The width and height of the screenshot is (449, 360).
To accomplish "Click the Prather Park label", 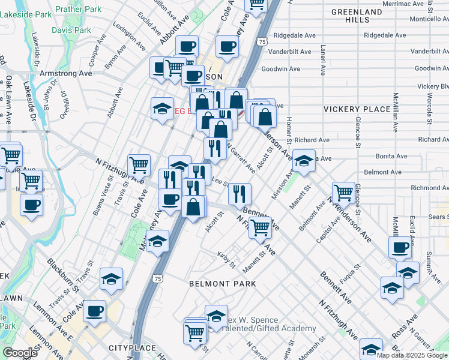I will [x=78, y=10].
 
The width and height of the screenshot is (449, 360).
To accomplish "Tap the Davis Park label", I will [x=71, y=30].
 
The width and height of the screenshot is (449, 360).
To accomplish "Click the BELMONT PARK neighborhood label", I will [x=222, y=284].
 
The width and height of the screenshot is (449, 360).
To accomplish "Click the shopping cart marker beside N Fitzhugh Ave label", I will [x=139, y=164].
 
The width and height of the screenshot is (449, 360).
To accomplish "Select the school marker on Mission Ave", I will [x=304, y=160].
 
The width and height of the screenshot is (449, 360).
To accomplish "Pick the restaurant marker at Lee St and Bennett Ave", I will [x=240, y=193].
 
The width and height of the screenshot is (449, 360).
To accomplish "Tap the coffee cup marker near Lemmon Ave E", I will [x=94, y=311].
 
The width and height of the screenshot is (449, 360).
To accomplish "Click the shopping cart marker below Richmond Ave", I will [x=343, y=192].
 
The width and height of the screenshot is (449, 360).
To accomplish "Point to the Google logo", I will [x=20, y=353].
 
